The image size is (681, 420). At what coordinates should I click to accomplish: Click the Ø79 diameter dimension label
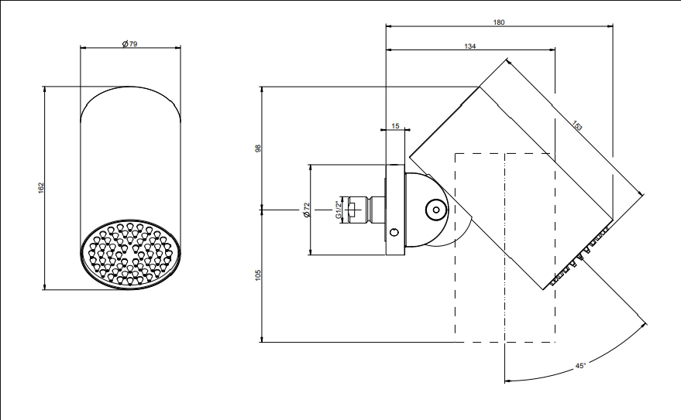click(x=130, y=44)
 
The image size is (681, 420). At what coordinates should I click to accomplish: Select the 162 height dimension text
click(x=41, y=188)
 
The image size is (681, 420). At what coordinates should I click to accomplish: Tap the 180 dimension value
click(x=499, y=22)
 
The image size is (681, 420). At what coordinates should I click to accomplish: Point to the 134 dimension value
click(x=470, y=46)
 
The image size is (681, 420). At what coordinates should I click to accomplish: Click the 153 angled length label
click(x=576, y=125)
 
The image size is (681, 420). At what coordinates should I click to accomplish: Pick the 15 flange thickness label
click(x=395, y=126)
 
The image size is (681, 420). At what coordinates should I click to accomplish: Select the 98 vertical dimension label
click(x=259, y=149)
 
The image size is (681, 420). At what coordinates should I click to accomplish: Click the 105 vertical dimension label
click(x=259, y=275)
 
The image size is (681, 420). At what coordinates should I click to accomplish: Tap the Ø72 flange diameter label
click(x=307, y=210)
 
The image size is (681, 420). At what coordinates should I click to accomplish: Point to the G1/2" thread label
click(x=338, y=210)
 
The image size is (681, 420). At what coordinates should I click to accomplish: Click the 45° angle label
click(x=581, y=366)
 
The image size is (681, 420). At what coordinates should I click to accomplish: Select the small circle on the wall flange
click(x=394, y=232)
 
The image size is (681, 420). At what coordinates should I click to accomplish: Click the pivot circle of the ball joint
click(x=435, y=210)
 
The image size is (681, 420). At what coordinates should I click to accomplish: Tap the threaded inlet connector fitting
click(x=363, y=210)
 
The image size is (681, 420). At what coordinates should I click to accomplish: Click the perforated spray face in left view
click(x=130, y=254)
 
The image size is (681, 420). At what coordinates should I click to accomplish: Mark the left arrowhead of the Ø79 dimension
click(x=84, y=48)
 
